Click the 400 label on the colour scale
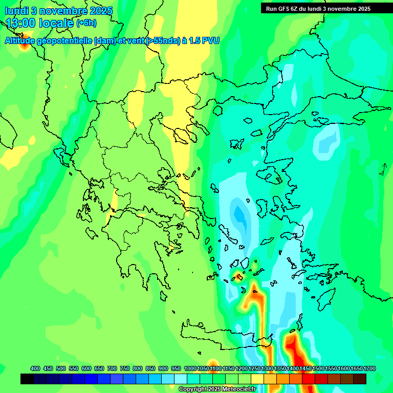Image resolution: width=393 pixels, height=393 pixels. pos(35,368)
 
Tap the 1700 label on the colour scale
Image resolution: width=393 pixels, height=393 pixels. pos(369,368)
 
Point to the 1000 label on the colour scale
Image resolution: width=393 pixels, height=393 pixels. pos(190,368)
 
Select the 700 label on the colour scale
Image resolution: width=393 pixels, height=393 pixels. pos(112,368)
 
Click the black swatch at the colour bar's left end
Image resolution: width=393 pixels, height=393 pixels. pos(27,379)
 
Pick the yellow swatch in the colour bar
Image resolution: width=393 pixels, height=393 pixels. pos(257,379)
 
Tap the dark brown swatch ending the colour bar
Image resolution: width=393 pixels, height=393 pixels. pos(360,379)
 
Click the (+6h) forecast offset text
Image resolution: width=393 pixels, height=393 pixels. pos(85,23)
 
